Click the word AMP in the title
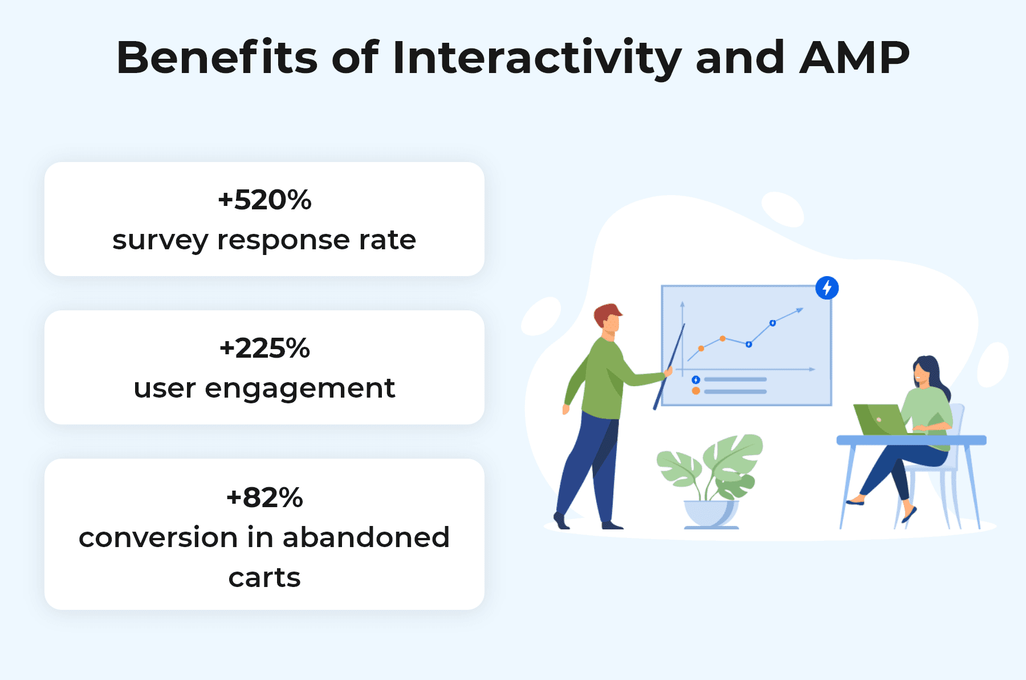854,58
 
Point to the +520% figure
264,200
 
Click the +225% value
264,348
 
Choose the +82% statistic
264,497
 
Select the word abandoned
366,537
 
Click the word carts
264,578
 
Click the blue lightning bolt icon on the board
826,288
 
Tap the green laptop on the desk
881,419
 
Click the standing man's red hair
607,313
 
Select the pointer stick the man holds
669,366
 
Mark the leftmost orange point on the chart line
701,348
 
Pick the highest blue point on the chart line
772,323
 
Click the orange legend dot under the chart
695,391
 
